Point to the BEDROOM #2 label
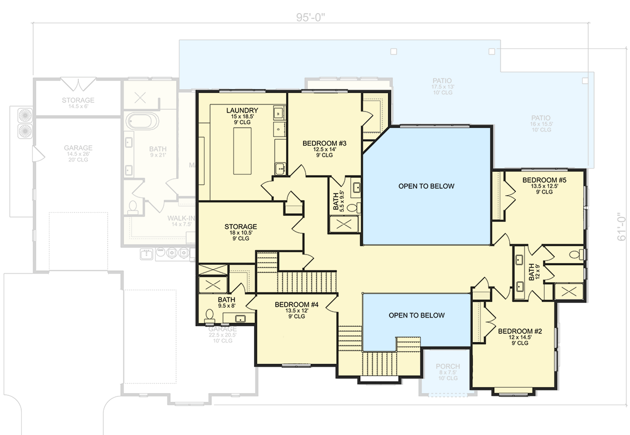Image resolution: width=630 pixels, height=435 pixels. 520,331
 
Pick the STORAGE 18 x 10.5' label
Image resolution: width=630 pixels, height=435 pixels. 240,227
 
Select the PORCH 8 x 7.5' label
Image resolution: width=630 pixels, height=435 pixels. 448,366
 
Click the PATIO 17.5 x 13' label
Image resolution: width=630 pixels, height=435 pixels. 442,81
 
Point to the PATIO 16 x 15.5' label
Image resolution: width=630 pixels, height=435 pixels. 541,118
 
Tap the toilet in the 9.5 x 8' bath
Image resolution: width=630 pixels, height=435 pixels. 210,315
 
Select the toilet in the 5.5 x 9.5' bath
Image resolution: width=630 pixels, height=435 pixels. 352,207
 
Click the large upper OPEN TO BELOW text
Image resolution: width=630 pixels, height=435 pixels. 426,186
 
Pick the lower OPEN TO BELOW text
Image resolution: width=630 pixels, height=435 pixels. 417,315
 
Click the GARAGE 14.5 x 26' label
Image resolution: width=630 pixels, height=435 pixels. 78,148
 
